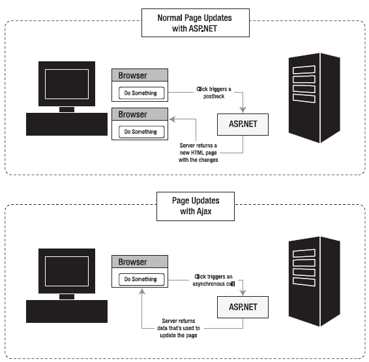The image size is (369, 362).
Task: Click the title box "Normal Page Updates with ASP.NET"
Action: [x=196, y=23]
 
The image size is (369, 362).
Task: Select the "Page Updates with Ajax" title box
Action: [x=196, y=206]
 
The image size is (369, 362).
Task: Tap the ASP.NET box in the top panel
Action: [x=243, y=125]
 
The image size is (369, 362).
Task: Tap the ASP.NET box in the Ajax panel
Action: [x=243, y=307]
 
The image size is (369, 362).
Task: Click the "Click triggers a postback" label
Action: [x=214, y=93]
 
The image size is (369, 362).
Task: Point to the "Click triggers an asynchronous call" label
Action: [x=213, y=280]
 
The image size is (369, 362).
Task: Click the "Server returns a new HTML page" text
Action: [x=198, y=153]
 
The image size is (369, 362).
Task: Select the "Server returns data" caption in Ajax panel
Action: [x=179, y=328]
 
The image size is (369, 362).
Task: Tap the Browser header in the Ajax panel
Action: [x=140, y=262]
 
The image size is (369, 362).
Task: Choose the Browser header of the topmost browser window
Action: [x=140, y=75]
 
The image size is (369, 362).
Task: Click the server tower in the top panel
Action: [x=314, y=98]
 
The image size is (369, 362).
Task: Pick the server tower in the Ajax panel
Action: [x=314, y=281]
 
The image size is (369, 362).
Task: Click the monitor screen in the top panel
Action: [x=67, y=84]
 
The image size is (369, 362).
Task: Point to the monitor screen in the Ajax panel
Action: [x=67, y=271]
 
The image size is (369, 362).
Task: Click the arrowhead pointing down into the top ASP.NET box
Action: [x=243, y=110]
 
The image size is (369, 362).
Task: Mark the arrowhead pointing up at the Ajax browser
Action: [x=142, y=292]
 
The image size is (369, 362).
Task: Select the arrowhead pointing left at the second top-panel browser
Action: [x=173, y=119]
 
